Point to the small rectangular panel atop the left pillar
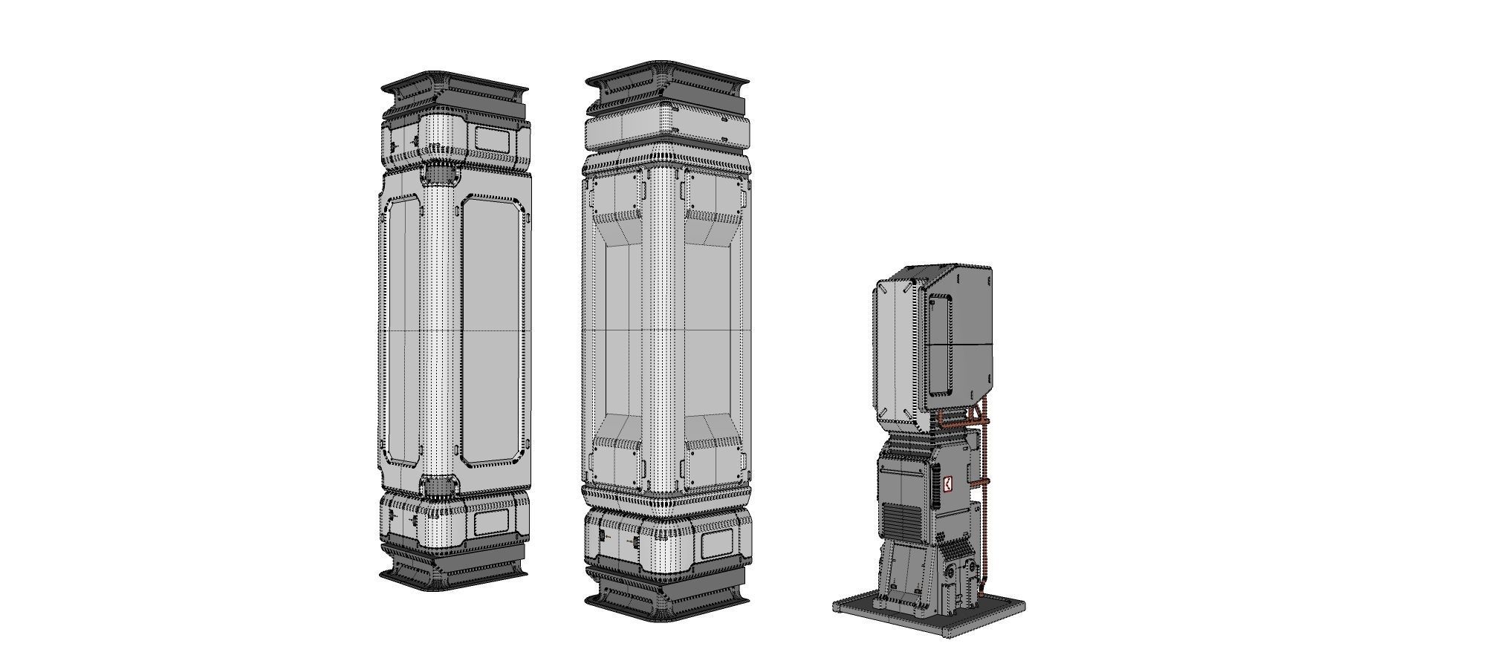pos(493,138)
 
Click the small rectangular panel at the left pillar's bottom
pos(491,523)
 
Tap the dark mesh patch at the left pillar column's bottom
pos(438,486)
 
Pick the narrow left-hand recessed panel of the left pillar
pos(403,330)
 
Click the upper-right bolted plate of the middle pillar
pos(714,195)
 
